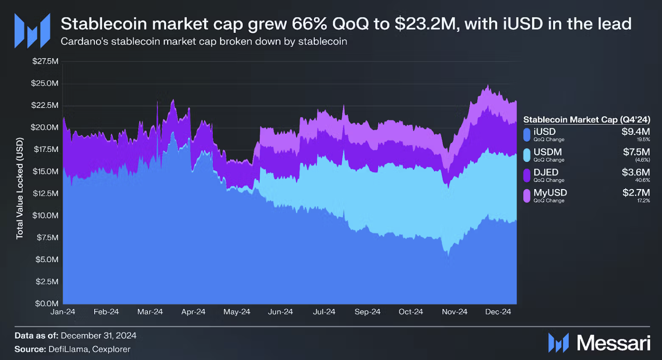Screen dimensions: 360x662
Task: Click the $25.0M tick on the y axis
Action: [45, 84]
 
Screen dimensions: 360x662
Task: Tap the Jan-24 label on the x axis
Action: [63, 312]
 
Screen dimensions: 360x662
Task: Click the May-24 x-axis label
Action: [237, 312]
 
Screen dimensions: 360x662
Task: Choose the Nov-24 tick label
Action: [455, 312]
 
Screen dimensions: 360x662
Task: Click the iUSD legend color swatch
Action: [527, 134]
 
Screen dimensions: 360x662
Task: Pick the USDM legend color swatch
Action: [527, 155]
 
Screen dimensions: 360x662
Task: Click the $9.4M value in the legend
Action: [637, 132]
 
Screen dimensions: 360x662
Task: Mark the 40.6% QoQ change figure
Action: [643, 180]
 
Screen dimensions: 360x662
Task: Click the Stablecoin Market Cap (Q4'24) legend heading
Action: [586, 119]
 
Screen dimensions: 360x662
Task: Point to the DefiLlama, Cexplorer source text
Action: [88, 349]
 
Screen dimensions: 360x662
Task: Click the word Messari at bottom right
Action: [614, 342]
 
